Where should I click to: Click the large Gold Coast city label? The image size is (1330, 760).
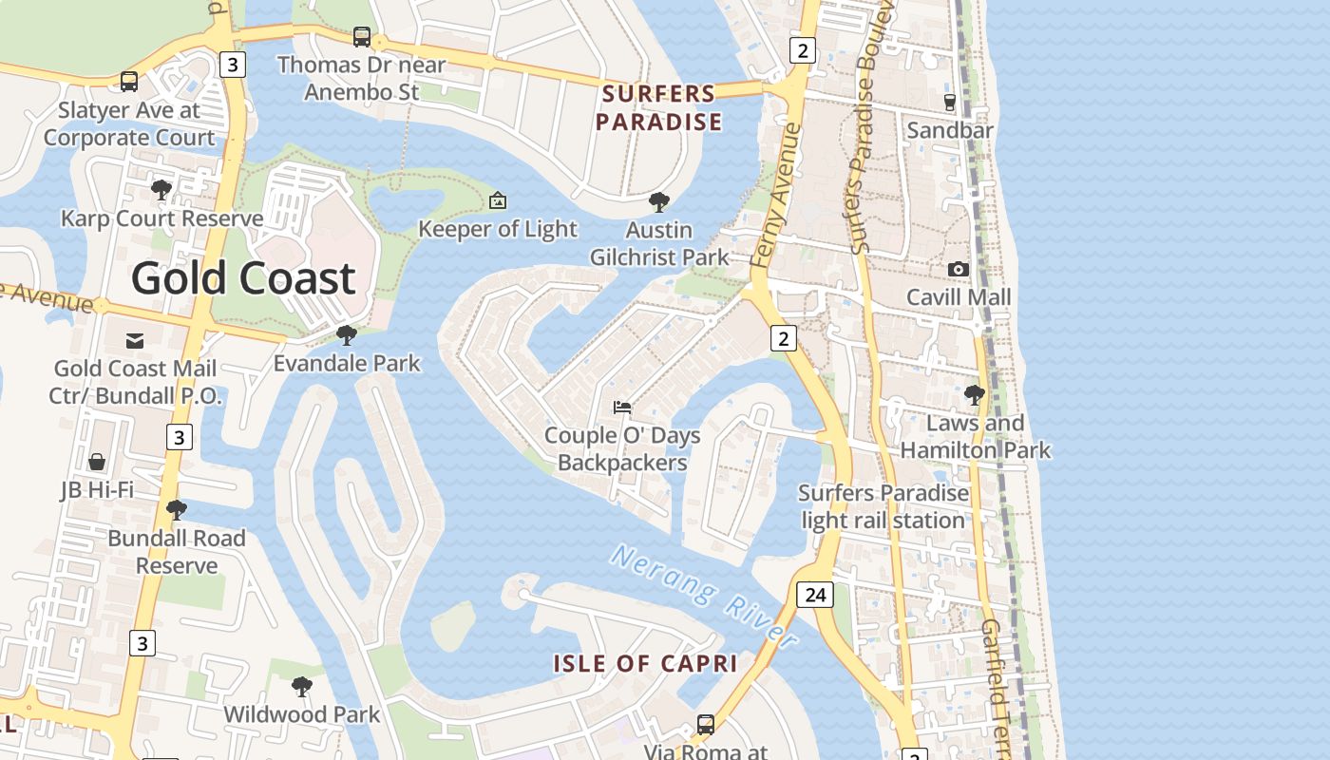click(243, 278)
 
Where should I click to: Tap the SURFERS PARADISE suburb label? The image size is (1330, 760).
click(658, 107)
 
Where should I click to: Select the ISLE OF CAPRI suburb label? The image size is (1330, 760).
click(645, 663)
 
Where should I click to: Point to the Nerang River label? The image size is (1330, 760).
click(704, 596)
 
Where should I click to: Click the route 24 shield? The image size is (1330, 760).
click(814, 595)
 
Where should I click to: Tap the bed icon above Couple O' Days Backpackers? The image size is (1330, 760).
click(622, 408)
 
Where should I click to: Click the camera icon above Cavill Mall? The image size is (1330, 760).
click(958, 269)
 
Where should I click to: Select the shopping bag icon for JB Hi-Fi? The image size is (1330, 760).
click(97, 462)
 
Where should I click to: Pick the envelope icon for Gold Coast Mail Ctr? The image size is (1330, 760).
click(135, 340)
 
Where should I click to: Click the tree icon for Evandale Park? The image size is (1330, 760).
click(347, 335)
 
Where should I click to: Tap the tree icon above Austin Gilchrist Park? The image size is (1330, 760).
click(658, 201)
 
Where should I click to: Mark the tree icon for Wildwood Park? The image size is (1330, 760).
click(301, 686)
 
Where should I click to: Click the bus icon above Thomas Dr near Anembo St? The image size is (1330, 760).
click(362, 37)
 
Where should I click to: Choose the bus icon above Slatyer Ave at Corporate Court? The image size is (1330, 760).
click(129, 82)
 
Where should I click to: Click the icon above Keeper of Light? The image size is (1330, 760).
click(497, 200)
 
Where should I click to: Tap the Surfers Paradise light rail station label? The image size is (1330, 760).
click(883, 506)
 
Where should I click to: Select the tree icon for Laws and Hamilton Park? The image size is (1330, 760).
click(974, 395)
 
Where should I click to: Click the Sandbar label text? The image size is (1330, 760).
click(950, 130)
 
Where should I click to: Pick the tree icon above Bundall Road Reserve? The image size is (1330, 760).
click(176, 510)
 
